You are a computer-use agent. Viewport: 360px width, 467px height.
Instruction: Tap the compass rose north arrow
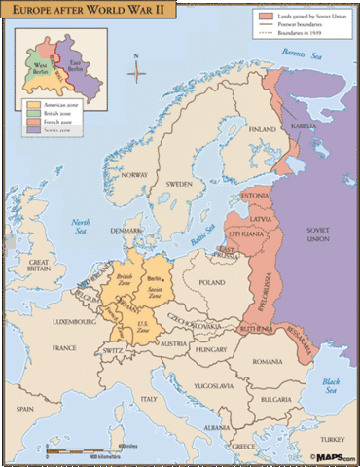coord(137,69)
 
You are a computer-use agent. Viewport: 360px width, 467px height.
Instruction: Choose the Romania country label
coord(265,361)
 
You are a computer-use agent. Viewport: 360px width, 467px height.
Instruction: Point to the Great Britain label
coord(41,268)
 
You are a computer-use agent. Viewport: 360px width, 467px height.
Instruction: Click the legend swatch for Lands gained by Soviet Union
coord(266,17)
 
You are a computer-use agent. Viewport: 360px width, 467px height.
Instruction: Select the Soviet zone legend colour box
coord(31,127)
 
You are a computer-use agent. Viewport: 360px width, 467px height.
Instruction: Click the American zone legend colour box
coord(31,104)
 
